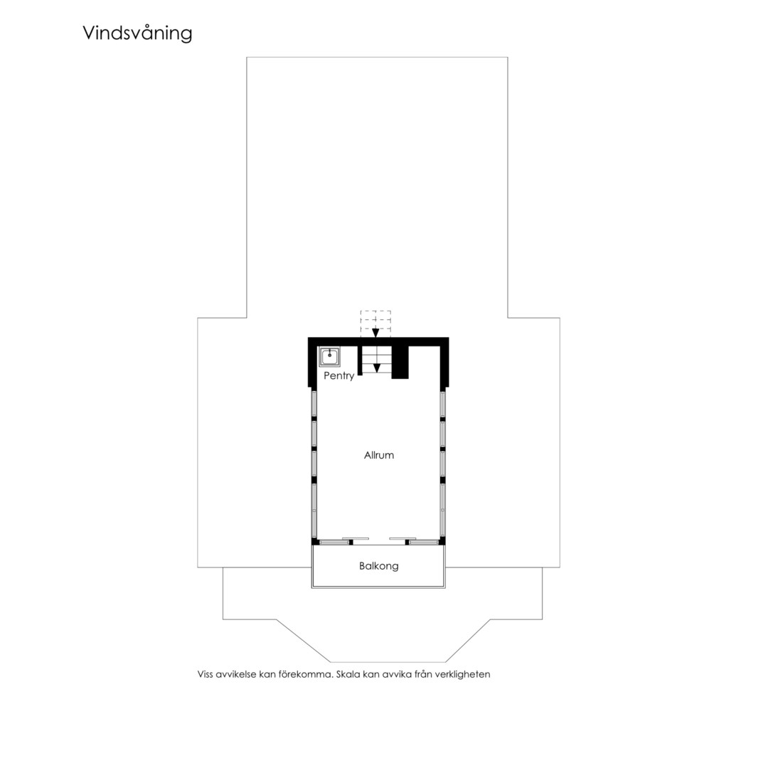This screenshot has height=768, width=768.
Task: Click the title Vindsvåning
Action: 137,33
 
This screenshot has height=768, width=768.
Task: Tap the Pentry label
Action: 338,375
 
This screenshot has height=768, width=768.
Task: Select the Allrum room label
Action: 378,455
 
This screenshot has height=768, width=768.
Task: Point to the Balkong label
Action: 378,566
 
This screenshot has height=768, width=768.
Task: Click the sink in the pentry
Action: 330,356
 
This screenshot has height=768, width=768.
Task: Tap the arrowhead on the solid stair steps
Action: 377,368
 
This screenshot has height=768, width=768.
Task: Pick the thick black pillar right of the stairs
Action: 400,362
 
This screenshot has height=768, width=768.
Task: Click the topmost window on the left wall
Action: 314,404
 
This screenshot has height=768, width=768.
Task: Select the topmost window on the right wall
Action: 442,404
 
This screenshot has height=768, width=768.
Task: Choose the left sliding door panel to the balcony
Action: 334,542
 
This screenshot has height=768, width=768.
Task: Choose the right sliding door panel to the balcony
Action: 424,542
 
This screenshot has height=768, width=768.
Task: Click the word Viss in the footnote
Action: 206,674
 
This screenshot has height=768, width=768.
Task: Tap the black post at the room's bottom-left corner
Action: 315,541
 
